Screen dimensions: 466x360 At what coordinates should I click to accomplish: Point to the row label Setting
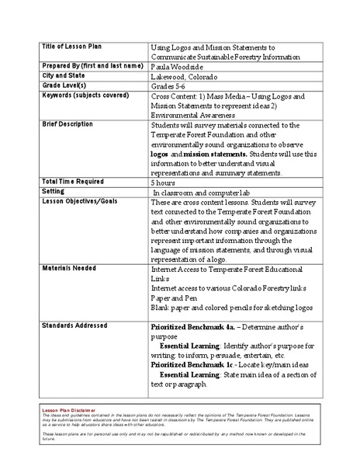tap(54, 190)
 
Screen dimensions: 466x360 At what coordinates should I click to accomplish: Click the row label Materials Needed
tap(70, 268)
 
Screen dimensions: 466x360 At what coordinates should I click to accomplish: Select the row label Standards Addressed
tap(74, 325)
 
